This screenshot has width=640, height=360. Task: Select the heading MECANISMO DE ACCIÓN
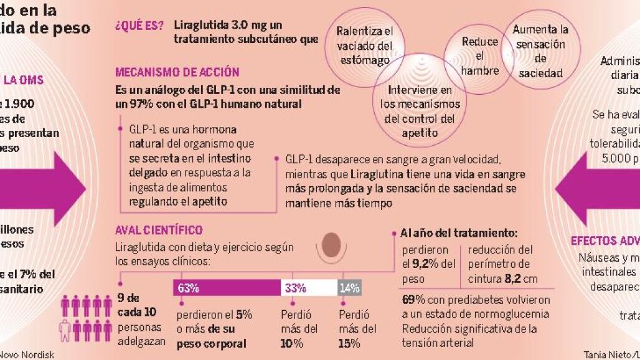tap(177, 72)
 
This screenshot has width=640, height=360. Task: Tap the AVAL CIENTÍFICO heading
tap(159, 230)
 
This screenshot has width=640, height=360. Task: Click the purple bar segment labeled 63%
tap(227, 288)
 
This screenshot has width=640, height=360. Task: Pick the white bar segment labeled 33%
tap(309, 288)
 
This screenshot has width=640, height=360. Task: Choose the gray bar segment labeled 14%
tap(349, 288)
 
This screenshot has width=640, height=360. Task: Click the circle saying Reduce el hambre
tap(479, 56)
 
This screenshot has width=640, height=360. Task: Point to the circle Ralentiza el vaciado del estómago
tap(365, 45)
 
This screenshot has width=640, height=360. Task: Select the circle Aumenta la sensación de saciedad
tap(540, 51)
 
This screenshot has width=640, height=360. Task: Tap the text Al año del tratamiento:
tap(459, 234)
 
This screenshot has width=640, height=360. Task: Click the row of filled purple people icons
tap(87, 305)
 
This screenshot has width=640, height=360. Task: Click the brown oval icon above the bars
tap(336, 243)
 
